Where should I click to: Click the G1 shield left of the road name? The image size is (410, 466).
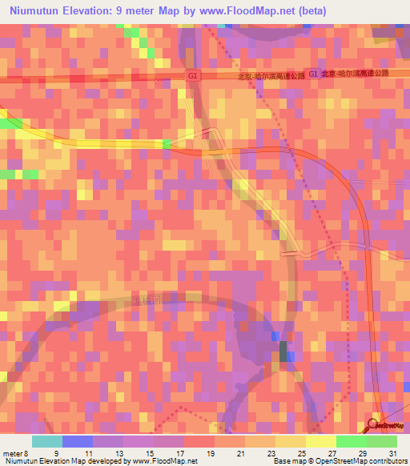coord(192,74)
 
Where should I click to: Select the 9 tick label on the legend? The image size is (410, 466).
coord(55,452)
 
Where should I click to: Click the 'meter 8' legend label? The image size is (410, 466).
coord(14,452)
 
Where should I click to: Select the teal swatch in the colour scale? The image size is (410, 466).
coord(46,441)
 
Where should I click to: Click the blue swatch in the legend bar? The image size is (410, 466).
coord(77,441)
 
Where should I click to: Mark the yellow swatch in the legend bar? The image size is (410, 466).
coord(320,441)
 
